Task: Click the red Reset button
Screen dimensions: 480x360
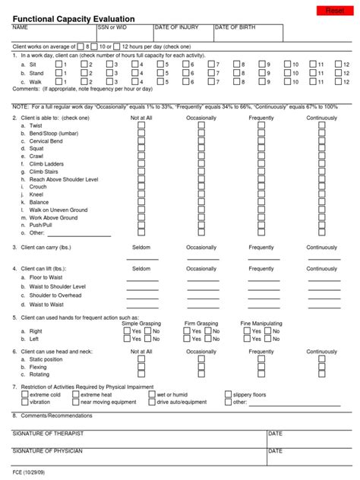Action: pos(333,10)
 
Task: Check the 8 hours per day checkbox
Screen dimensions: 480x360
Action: pos(81,46)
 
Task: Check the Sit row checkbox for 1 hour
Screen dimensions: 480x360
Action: pos(59,65)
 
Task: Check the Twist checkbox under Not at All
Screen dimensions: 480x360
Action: pos(141,126)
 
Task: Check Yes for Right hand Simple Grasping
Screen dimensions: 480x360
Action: pos(127,332)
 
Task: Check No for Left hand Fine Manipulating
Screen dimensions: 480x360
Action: pos(268,339)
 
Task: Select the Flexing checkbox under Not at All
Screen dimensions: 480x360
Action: pos(141,367)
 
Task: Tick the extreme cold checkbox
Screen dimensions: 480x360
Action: pos(24,395)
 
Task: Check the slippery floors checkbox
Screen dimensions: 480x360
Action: pos(228,395)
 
